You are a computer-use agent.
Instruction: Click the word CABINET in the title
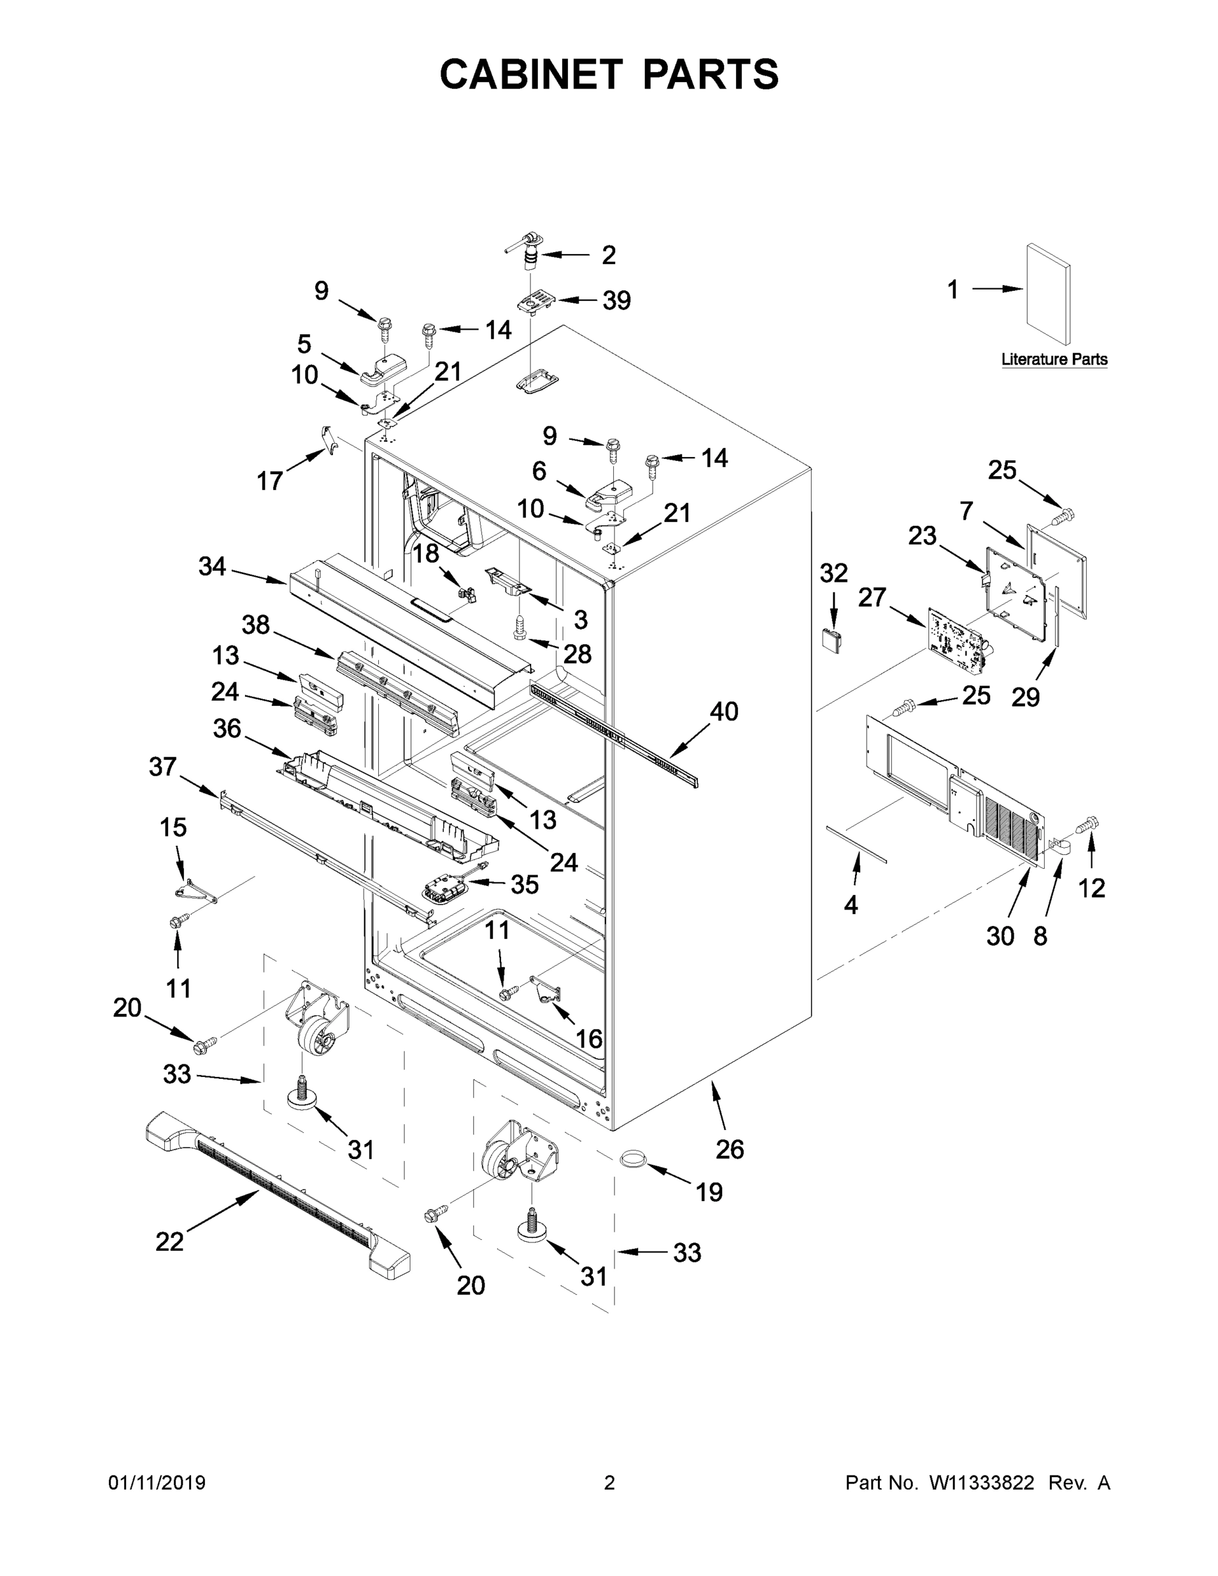(x=531, y=74)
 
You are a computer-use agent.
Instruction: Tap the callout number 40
(x=724, y=712)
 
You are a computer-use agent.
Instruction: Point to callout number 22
(x=169, y=1241)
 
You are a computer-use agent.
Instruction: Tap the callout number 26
(x=729, y=1149)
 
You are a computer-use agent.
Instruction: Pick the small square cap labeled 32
(x=832, y=639)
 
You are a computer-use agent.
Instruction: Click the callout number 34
(x=212, y=567)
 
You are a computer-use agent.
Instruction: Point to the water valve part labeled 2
(x=531, y=253)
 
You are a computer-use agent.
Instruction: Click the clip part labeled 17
(x=328, y=440)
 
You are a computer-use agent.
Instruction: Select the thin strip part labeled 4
(x=858, y=844)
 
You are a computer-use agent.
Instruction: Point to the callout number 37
(x=162, y=766)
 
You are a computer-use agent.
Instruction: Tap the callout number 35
(x=525, y=884)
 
